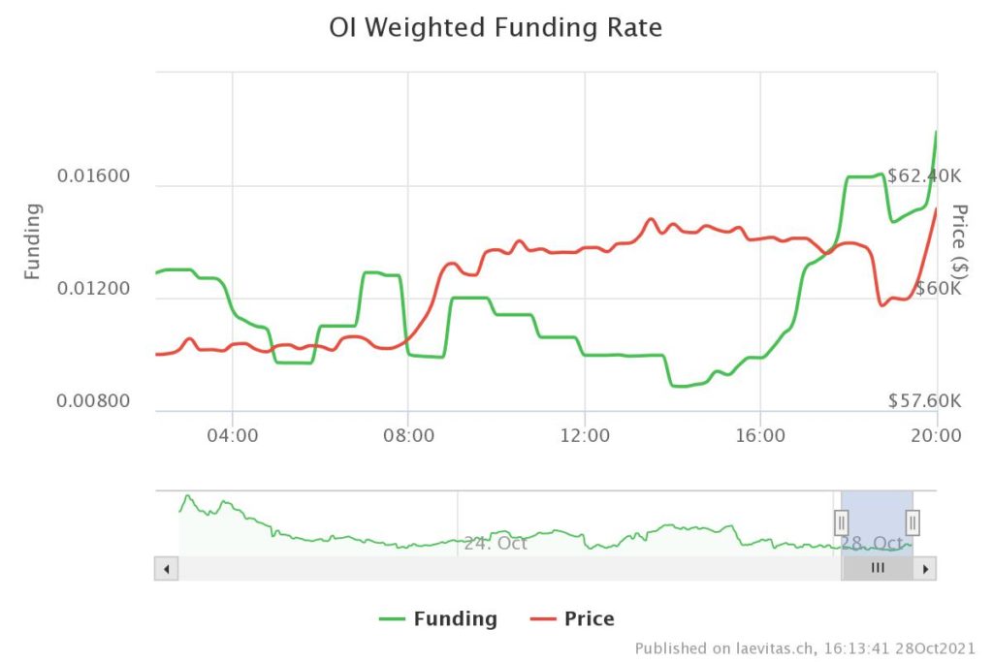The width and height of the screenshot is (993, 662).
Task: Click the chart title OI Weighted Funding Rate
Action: (496, 28)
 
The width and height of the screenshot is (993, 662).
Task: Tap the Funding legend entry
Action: (438, 618)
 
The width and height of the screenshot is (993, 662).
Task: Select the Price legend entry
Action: (573, 618)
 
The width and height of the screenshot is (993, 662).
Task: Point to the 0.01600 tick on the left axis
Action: (93, 176)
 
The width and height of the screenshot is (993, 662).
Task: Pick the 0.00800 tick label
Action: (93, 400)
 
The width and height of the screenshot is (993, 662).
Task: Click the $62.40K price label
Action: (924, 176)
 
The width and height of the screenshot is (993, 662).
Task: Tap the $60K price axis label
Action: (938, 288)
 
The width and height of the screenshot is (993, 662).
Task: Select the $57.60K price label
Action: (924, 400)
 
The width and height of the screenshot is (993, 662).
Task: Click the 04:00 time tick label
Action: (233, 435)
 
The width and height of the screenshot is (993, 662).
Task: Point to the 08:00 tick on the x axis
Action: (408, 435)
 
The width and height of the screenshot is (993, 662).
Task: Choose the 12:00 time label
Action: (585, 435)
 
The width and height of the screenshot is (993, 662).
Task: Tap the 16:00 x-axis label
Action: (760, 435)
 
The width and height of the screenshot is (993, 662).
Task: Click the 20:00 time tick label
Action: (937, 435)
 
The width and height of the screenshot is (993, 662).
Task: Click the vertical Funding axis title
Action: (33, 240)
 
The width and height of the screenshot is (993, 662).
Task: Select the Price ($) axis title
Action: (960, 240)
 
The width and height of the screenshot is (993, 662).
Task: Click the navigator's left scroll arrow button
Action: (166, 569)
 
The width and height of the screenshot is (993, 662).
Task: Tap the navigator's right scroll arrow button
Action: (925, 569)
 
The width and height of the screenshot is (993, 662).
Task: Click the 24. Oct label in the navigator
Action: (496, 543)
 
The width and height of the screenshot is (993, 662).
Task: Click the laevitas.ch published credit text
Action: (805, 647)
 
